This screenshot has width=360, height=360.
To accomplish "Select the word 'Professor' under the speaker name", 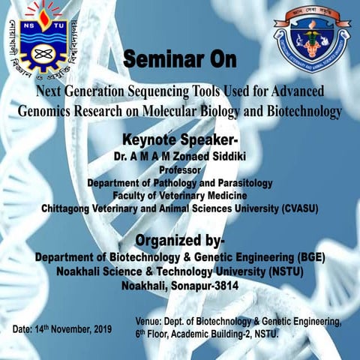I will coord(180,170).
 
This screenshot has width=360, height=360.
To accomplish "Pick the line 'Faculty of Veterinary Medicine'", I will coord(180,195).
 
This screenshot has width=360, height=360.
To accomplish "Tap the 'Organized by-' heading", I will coord(179,240).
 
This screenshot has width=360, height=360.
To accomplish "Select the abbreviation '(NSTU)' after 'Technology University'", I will coord(281,271).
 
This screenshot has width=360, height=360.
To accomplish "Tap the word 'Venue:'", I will coord(149,321).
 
